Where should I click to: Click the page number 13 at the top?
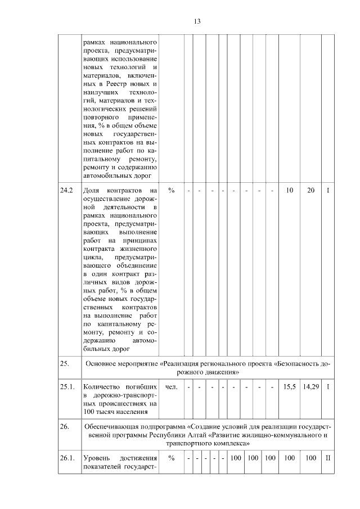(x=197, y=21)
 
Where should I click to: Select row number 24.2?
(x=67, y=191)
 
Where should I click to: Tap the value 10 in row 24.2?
(x=289, y=191)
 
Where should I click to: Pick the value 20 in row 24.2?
(x=310, y=191)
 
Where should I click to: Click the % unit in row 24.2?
(x=171, y=191)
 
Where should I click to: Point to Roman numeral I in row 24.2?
(x=328, y=191)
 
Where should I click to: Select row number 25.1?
(x=67, y=387)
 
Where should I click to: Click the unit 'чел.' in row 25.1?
(x=171, y=387)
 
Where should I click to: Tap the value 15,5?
(x=289, y=387)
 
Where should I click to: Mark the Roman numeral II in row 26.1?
(x=328, y=458)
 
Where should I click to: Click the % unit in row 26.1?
(x=171, y=458)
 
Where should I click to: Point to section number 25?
(x=65, y=363)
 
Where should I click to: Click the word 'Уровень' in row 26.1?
(x=94, y=458)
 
